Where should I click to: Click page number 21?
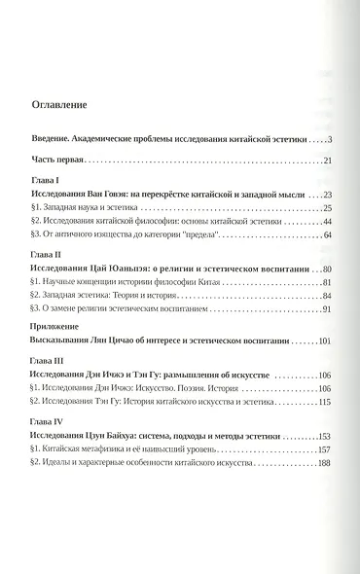click(328, 161)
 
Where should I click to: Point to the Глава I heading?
click(46, 182)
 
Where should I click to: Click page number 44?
click(327, 222)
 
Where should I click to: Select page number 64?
click(327, 235)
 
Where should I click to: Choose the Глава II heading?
click(48, 256)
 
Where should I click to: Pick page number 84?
click(327, 296)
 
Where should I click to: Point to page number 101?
click(325, 342)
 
